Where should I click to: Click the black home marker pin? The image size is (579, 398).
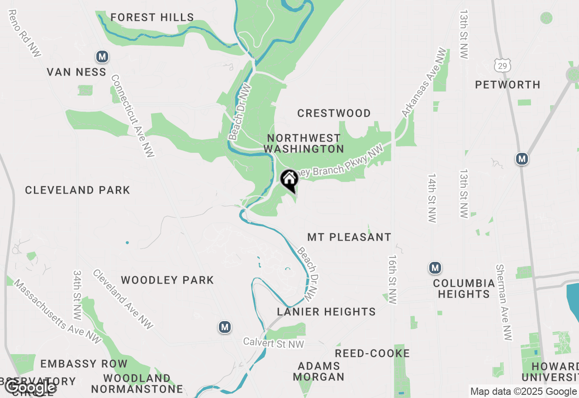click(289, 180)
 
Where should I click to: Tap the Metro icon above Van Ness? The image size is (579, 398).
click(102, 57)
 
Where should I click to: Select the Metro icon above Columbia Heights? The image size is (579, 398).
click(435, 268)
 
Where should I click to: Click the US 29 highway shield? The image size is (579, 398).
click(502, 65)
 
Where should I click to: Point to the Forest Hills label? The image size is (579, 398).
click(152, 18)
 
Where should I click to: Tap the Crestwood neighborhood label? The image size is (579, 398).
click(334, 113)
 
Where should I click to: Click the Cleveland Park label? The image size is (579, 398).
click(77, 190)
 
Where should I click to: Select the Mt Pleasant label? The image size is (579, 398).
click(349, 237)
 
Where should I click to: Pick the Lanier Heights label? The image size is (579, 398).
click(326, 312)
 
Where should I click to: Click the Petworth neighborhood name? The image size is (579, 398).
click(508, 85)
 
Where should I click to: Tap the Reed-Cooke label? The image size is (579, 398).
click(372, 353)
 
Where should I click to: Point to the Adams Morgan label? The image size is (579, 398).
click(319, 371)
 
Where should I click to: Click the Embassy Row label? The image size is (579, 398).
click(84, 364)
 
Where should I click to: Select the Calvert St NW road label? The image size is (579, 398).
click(274, 343)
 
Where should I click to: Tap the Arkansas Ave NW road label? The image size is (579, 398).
click(424, 83)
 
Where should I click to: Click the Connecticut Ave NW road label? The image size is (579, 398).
click(133, 116)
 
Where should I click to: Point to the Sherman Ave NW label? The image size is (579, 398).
click(505, 303)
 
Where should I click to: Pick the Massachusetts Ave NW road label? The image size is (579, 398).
click(57, 312)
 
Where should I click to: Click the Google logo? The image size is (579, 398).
click(30, 388)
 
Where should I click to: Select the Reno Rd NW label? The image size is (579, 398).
click(24, 34)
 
